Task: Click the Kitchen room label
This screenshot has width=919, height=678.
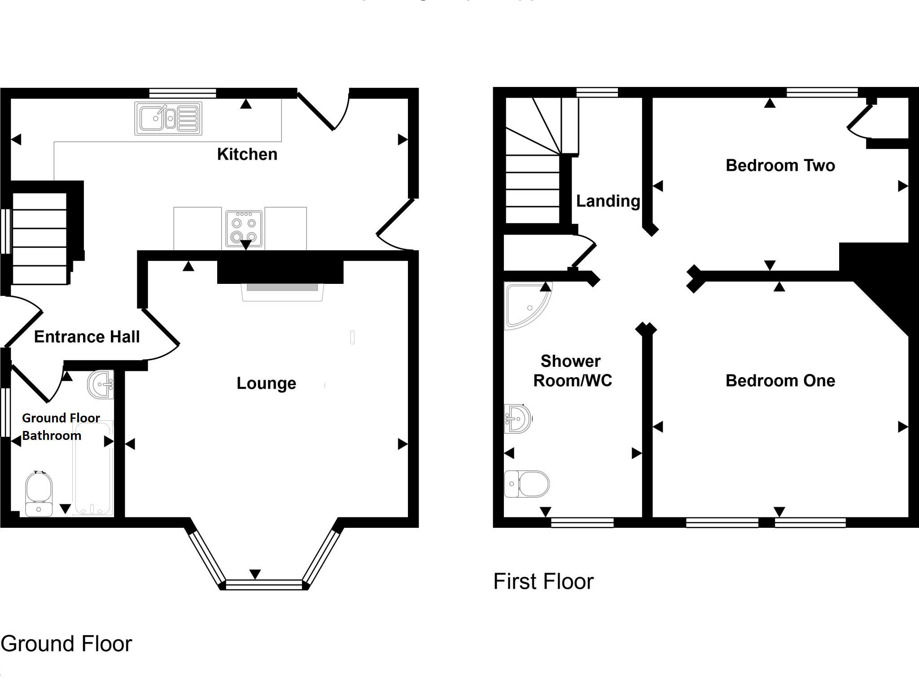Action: (247, 154)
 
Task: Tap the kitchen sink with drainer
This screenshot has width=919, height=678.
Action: (168, 118)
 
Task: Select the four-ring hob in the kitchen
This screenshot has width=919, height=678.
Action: (244, 228)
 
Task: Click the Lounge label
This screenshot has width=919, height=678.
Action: (266, 383)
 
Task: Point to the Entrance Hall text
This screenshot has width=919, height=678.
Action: (87, 337)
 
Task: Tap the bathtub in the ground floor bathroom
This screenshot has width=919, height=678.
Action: (93, 468)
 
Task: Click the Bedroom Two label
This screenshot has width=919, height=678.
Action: (780, 165)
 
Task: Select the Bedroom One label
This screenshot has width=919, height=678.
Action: (780, 381)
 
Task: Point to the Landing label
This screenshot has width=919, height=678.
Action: (608, 201)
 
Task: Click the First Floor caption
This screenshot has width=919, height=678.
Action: (543, 582)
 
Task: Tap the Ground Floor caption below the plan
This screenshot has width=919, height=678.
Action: (66, 644)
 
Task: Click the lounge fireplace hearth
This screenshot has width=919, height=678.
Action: (282, 292)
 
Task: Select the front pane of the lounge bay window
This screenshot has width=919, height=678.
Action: (264, 584)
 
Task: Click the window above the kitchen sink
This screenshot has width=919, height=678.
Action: (183, 93)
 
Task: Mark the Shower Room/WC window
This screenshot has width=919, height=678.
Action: (582, 522)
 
